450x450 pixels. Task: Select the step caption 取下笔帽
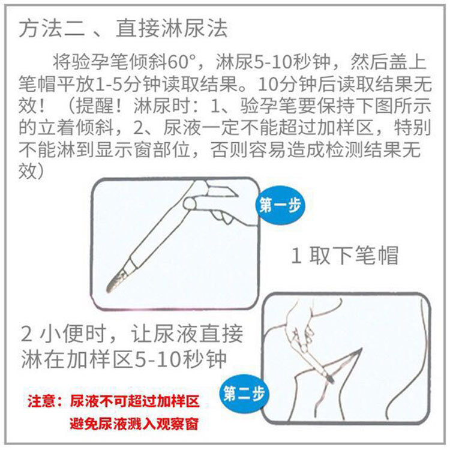(353, 256)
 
